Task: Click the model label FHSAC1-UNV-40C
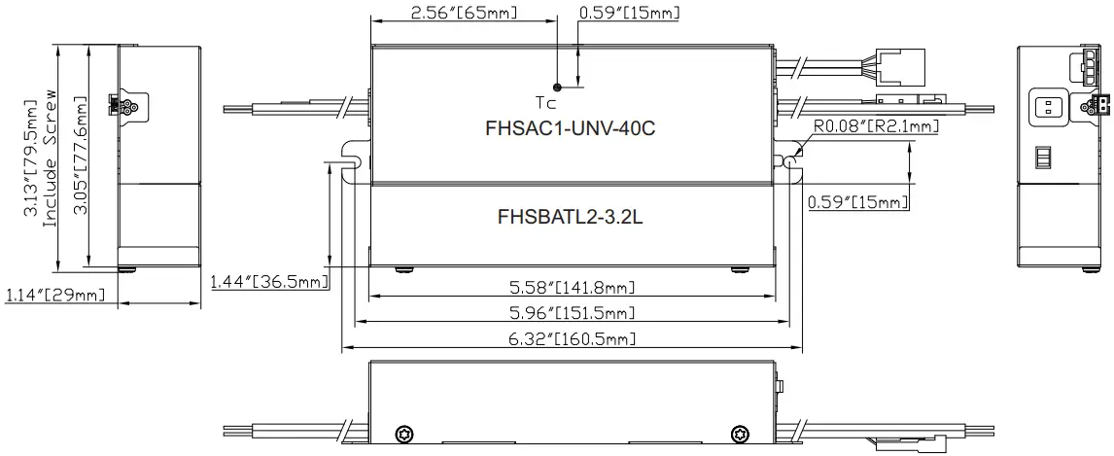click(x=563, y=128)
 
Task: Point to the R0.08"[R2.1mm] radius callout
click(x=862, y=126)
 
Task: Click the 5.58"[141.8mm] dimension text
click(x=573, y=287)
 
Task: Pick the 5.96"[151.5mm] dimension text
click(x=573, y=312)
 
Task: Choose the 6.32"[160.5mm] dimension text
click(x=573, y=338)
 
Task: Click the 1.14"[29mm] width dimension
click(x=55, y=294)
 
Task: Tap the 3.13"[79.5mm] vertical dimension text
click(x=32, y=156)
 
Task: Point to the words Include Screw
click(x=53, y=156)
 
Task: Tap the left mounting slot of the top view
click(x=356, y=155)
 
